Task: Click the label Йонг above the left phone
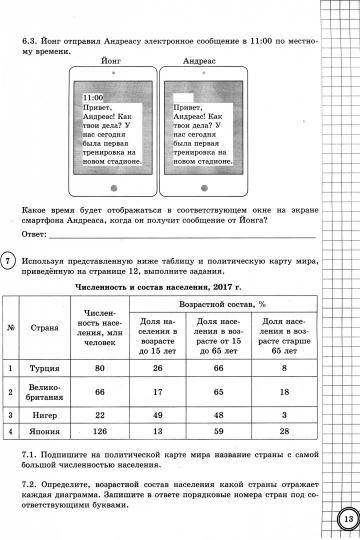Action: coord(111,60)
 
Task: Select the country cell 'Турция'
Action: coord(44,368)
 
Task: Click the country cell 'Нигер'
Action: coord(44,413)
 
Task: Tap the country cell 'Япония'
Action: coord(44,432)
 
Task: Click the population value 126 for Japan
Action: coord(98,432)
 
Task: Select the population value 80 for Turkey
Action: coord(98,368)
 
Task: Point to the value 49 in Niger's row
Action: coord(157,413)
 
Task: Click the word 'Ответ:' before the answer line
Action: coord(35,233)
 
